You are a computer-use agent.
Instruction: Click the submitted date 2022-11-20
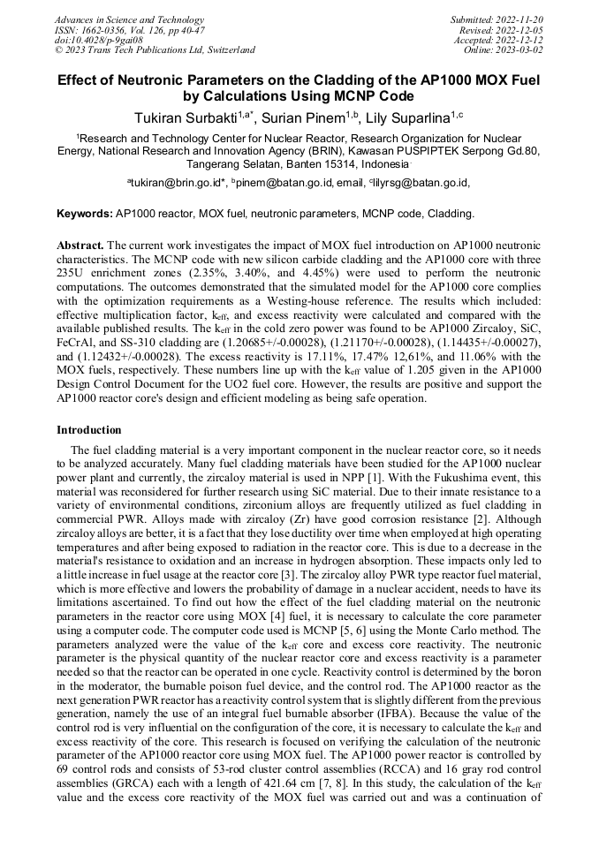tap(522, 19)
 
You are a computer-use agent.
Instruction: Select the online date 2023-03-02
tap(522, 49)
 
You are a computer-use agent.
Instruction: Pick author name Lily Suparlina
tap(412, 118)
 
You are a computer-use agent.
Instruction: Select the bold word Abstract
tap(80, 244)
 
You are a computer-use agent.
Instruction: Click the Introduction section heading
tap(89, 430)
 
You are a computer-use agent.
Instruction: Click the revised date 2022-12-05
tap(522, 30)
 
